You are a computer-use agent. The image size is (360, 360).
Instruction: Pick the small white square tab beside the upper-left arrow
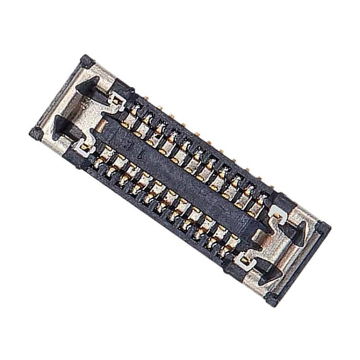(117, 101)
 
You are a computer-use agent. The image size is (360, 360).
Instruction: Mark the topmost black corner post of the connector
(86, 61)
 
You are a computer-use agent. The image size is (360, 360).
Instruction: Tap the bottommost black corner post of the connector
(271, 298)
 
